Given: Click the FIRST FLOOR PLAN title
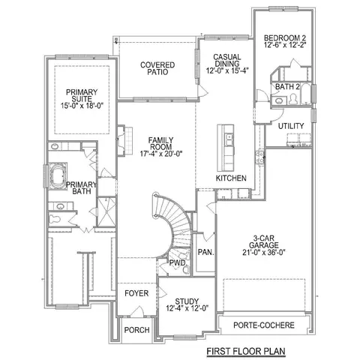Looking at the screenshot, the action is click(x=246, y=351).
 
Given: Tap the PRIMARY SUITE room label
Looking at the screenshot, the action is click(x=82, y=95).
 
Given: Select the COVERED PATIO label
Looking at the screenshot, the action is click(x=157, y=68).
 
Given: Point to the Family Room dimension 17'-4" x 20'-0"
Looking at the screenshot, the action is click(x=161, y=154).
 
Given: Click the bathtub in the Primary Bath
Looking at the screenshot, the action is click(x=58, y=176).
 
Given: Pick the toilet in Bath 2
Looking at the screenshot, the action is click(x=292, y=99).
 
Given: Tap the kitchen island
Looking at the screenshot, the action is click(x=226, y=148).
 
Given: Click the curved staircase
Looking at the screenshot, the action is click(x=174, y=223).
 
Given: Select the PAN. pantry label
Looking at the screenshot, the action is click(x=206, y=252).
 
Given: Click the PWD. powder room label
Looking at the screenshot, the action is click(x=178, y=263).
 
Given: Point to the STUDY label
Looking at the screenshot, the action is click(x=187, y=301).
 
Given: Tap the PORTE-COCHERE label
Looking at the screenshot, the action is click(x=264, y=325).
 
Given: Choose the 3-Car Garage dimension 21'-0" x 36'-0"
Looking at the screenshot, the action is click(x=264, y=253).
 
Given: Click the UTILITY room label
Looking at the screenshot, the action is click(x=291, y=126).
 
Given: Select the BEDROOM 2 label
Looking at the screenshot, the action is click(x=285, y=38).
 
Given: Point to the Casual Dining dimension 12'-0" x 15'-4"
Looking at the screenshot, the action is click(x=227, y=70).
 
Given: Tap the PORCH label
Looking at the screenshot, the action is click(x=136, y=330).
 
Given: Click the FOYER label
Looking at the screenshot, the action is click(x=136, y=293).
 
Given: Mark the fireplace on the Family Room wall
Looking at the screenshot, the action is click(x=124, y=140).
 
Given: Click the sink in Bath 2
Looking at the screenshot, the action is click(x=278, y=100).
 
